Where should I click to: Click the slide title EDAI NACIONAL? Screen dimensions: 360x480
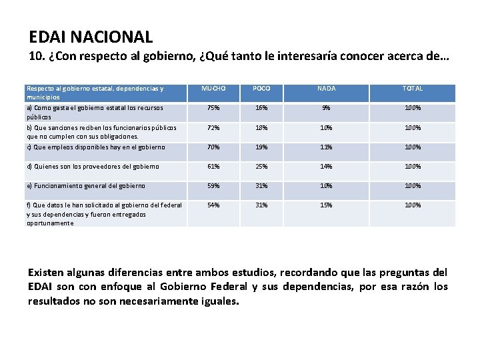pos(91,37)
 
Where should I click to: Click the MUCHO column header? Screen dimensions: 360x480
pos(214,89)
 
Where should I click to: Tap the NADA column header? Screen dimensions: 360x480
pos(327,89)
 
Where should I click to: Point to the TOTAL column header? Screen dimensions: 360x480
pos(412,89)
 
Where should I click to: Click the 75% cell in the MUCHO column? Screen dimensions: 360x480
pos(214,108)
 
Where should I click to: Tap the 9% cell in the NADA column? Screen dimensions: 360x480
pos(327,108)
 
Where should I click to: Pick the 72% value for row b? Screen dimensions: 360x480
pos(214,127)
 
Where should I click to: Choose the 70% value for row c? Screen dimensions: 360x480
pos(214,147)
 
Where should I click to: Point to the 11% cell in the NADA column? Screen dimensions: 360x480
pos(327,147)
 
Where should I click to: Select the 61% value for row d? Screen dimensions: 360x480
pos(214,167)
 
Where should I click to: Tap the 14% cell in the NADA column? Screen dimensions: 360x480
pos(327,167)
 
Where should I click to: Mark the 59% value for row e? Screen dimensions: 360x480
pos(214,186)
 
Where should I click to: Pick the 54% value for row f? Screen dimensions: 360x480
pos(214,205)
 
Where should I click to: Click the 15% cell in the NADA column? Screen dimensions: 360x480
pos(327,205)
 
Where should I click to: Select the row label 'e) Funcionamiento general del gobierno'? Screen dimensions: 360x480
pos(85,186)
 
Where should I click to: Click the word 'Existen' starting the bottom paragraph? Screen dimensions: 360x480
pos(47,273)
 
